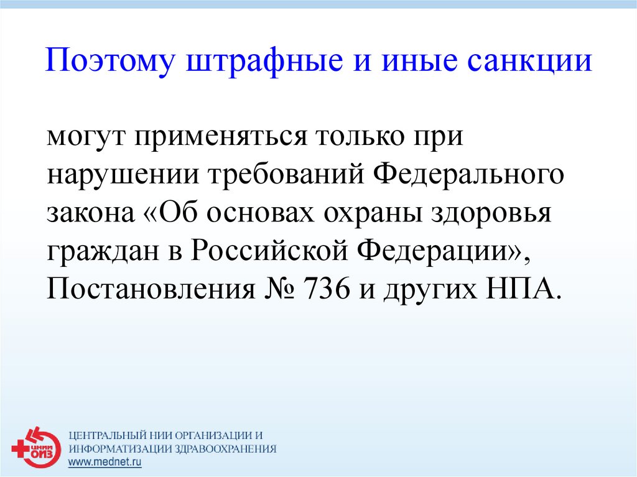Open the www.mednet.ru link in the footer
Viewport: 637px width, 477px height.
pos(105,461)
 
